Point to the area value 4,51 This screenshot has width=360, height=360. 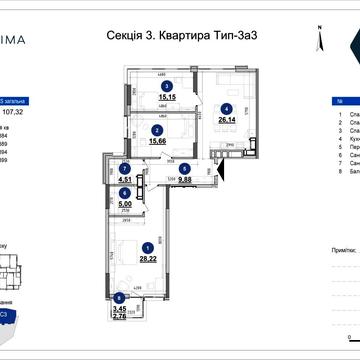click(x=125, y=180)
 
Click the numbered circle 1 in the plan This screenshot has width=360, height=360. click(x=148, y=246)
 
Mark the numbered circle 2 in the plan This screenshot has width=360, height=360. click(x=156, y=129)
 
